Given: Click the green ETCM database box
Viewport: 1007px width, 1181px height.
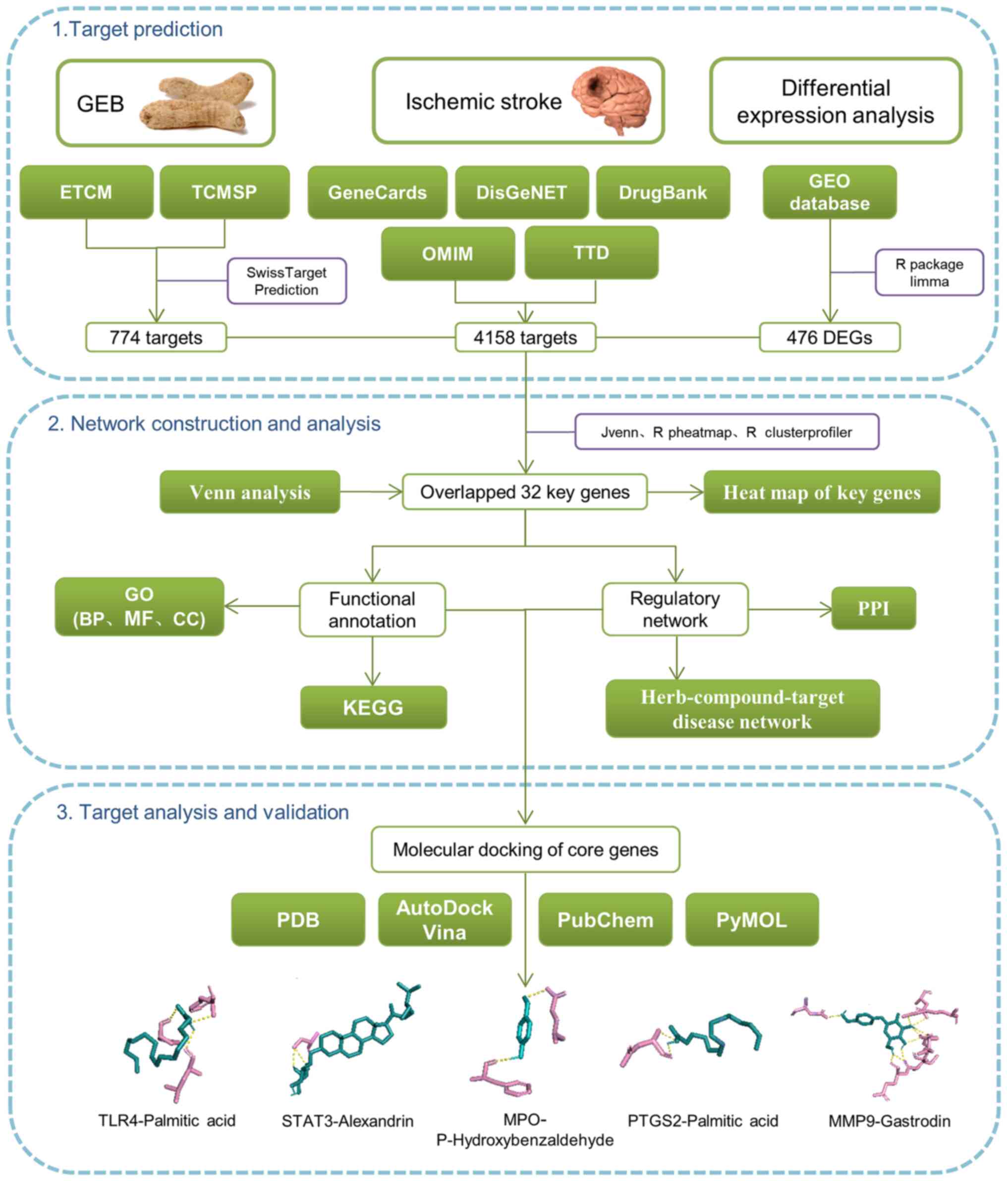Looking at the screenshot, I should point(87,192).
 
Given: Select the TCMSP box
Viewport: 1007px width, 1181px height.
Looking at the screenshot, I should point(224,192).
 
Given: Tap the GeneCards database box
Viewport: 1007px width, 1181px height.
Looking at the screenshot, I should point(377,193).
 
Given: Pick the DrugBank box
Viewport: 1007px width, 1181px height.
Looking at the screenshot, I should point(663,193).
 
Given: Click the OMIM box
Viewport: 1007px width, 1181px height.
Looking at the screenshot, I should point(448,254).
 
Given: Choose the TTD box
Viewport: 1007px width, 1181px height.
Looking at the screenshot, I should point(591,252).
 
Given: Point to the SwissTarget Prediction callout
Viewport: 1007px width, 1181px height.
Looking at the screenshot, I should point(286,281).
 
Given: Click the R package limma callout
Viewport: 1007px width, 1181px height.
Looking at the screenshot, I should point(928,273).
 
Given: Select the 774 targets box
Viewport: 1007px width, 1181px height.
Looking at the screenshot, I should point(156,337).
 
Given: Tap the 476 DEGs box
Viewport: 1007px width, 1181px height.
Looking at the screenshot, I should point(829,337).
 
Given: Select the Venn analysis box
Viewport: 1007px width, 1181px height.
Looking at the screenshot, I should point(250,492).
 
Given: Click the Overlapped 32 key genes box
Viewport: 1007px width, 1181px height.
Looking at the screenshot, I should point(524,492).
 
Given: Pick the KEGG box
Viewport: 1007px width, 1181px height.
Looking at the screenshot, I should point(373,707).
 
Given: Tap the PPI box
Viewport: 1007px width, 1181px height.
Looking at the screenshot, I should point(873,608).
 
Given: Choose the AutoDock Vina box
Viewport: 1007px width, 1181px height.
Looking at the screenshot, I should point(445,920).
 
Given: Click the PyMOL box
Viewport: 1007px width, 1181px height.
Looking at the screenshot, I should point(751,920).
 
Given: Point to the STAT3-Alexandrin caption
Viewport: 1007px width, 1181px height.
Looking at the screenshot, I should point(347,1121).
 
